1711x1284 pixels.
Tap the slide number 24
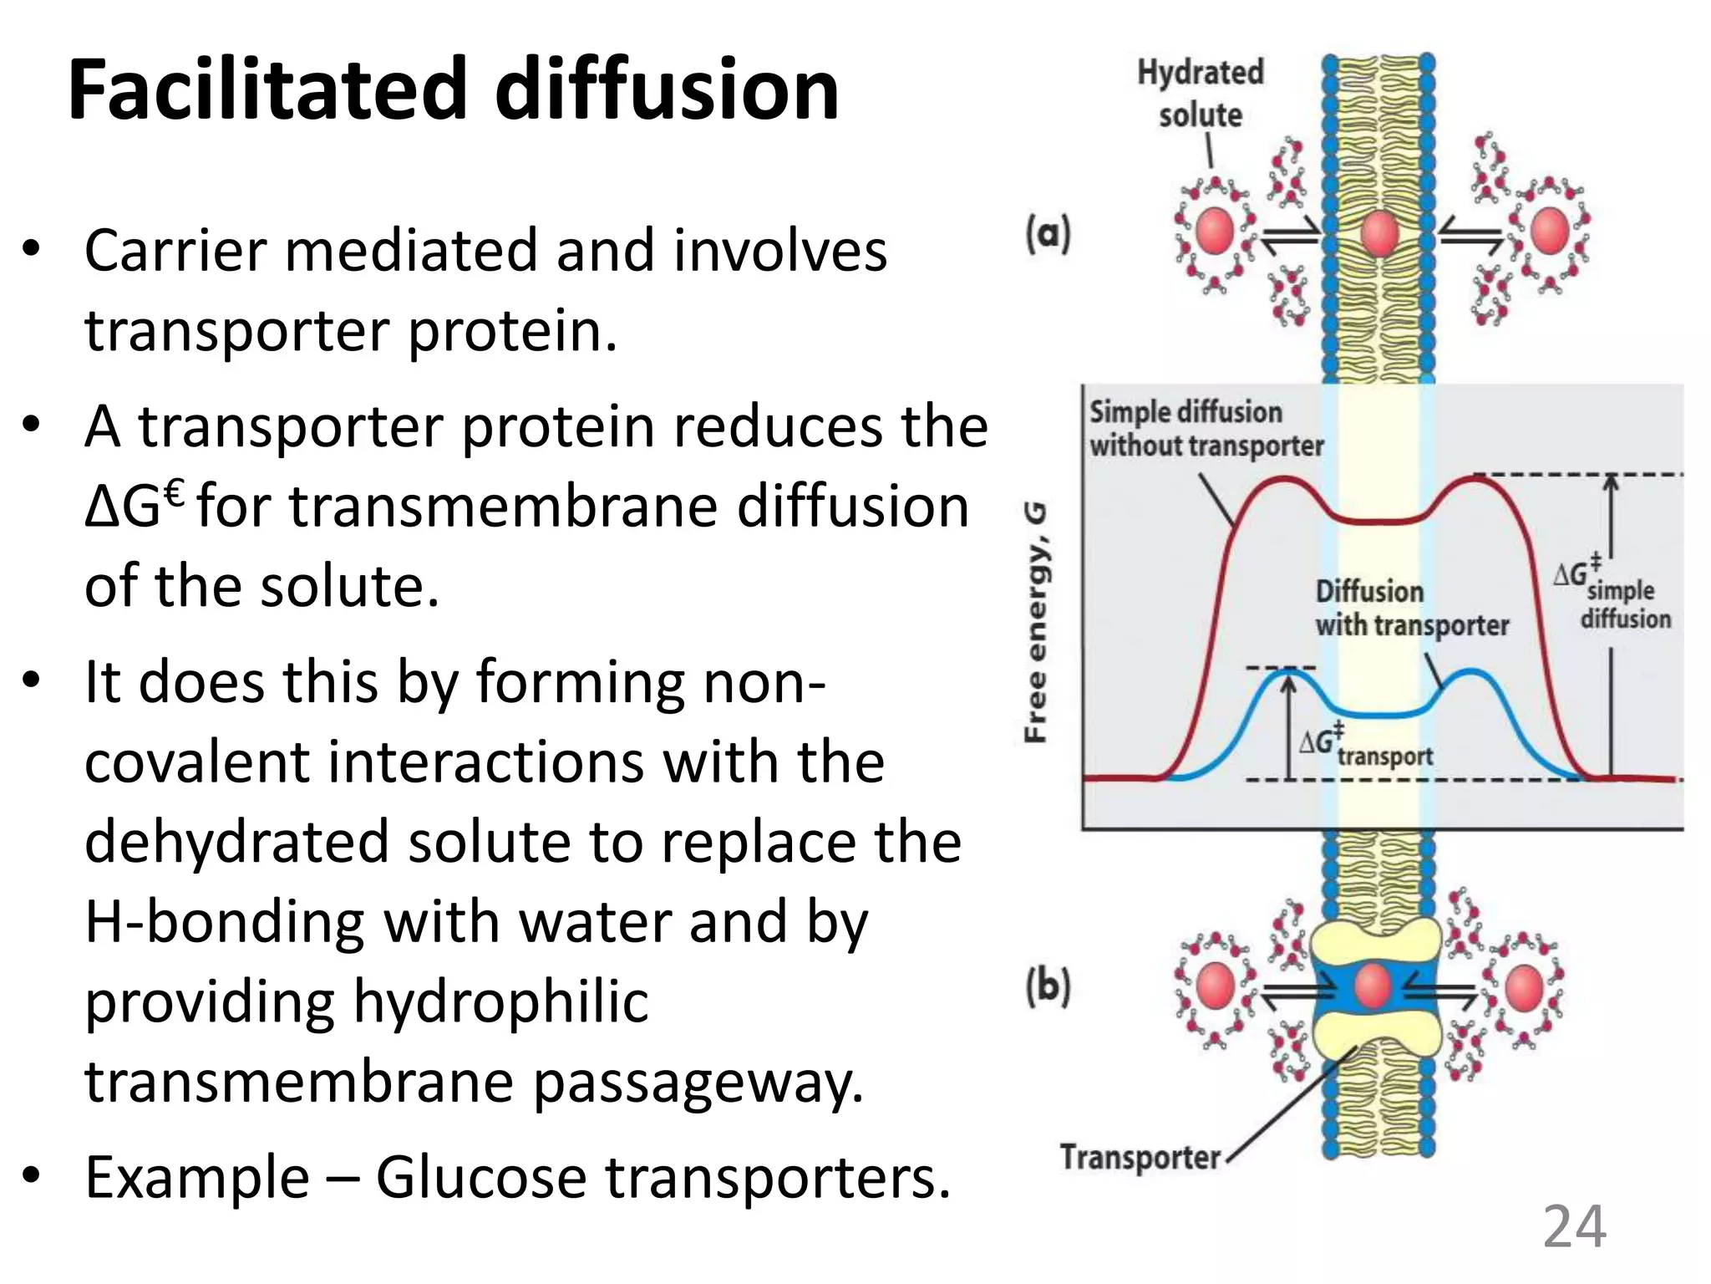tap(1574, 1226)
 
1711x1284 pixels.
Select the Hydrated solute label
tap(1201, 93)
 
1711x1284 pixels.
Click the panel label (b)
tap(1048, 986)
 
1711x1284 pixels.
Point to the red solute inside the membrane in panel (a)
tap(1378, 232)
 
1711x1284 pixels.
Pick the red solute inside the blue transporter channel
tap(1372, 986)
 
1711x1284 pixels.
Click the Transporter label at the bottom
tap(1140, 1157)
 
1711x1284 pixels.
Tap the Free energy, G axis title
tap(1036, 623)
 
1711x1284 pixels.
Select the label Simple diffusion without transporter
tap(1205, 429)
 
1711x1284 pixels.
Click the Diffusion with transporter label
tap(1412, 609)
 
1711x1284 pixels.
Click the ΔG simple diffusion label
tap(1612, 593)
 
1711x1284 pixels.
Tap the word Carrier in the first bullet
tap(175, 250)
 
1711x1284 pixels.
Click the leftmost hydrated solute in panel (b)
tap(1215, 986)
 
